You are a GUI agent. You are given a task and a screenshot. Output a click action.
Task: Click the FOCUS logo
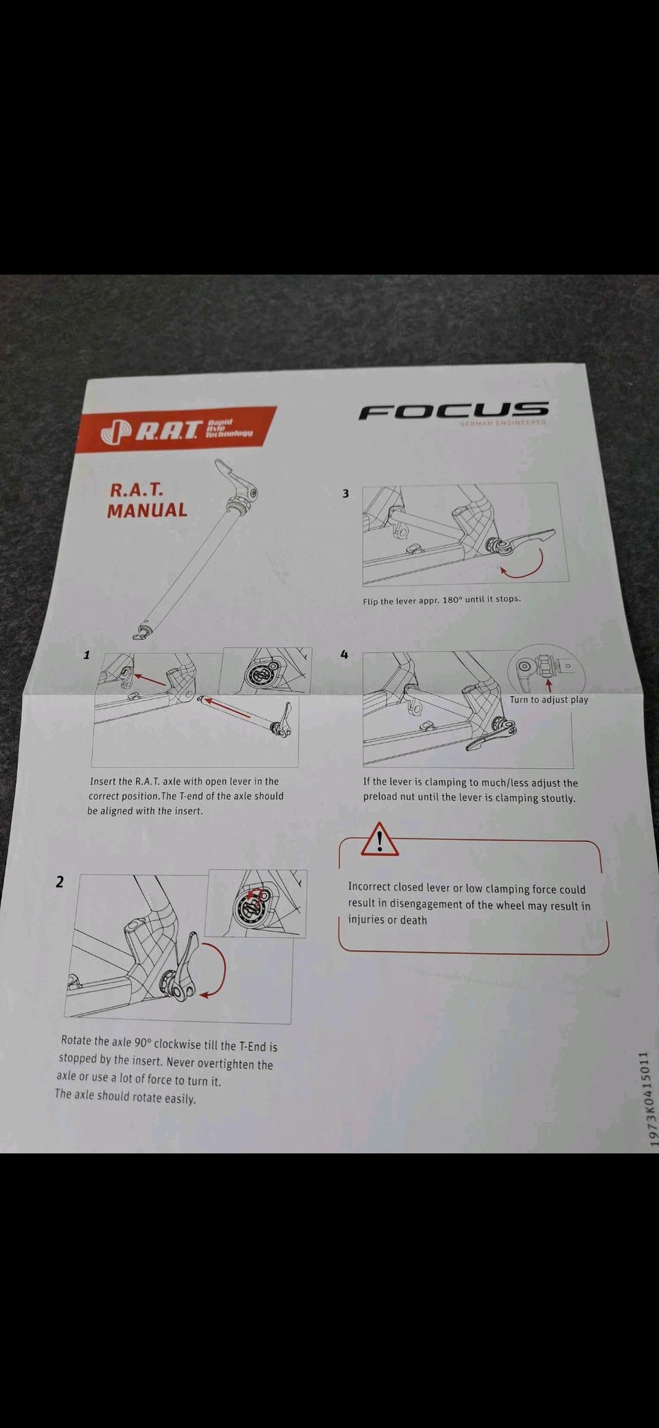pyautogui.click(x=453, y=411)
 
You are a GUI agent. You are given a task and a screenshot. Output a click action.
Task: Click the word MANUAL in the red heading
pyautogui.click(x=147, y=510)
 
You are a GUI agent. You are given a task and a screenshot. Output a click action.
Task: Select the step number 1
pyautogui.click(x=86, y=654)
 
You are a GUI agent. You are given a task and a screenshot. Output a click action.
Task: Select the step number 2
pyautogui.click(x=60, y=882)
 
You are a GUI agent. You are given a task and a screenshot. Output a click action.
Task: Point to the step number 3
pyautogui.click(x=346, y=493)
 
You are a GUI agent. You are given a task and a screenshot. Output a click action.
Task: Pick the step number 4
pyautogui.click(x=345, y=654)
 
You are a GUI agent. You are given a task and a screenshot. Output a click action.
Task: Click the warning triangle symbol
pyautogui.click(x=380, y=839)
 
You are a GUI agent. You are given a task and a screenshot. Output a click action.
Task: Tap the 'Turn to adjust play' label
pyautogui.click(x=548, y=700)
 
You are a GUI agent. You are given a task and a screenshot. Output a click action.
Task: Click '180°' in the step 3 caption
pyautogui.click(x=452, y=599)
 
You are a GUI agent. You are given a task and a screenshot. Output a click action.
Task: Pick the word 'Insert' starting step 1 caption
pyautogui.click(x=102, y=781)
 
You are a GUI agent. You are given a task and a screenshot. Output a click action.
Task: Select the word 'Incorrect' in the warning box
pyautogui.click(x=369, y=887)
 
